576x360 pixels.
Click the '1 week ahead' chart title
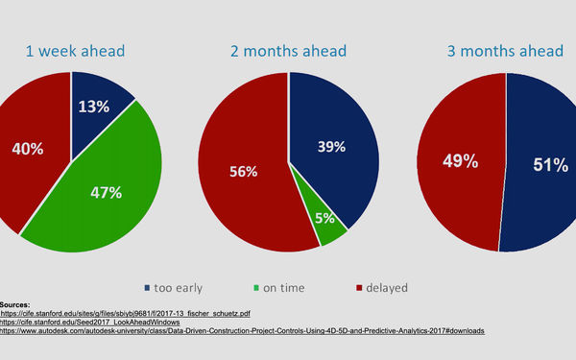point(77,51)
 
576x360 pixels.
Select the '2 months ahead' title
point(288,51)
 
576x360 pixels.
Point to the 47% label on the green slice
point(106,192)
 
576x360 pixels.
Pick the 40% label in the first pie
point(27,149)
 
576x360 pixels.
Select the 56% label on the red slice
point(243,172)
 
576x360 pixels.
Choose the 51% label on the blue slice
point(549,165)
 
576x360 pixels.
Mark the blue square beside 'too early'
point(146,286)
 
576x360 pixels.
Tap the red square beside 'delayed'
point(358,286)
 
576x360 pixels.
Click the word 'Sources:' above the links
point(16,303)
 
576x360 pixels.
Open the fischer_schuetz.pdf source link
point(125,313)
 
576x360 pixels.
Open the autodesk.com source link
point(241,331)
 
